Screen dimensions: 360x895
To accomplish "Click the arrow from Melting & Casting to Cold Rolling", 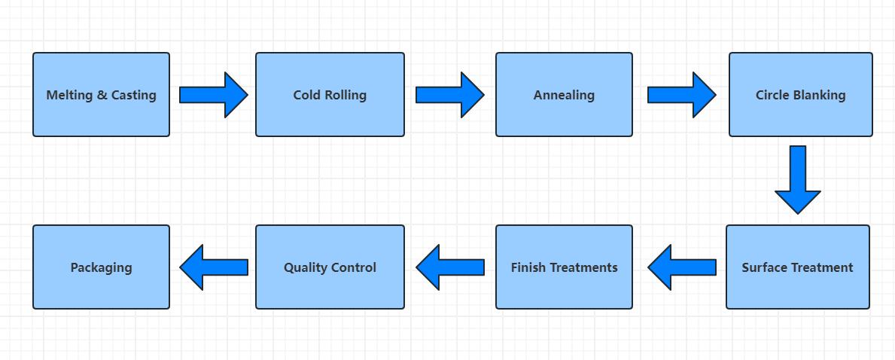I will click(213, 95).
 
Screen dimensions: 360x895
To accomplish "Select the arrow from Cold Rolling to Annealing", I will click(449, 95).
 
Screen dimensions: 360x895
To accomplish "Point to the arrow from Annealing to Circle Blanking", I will click(681, 95).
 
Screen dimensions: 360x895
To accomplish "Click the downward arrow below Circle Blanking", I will click(798, 179).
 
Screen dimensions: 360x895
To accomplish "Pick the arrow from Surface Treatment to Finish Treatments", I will click(682, 267).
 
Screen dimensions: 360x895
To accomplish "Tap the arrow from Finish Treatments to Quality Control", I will click(450, 267).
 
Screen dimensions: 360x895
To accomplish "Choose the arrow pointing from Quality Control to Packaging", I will click(214, 267).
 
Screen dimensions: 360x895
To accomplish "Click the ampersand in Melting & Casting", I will click(102, 96).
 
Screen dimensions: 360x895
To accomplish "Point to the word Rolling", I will click(346, 96).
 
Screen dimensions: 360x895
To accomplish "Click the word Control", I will click(354, 267).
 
